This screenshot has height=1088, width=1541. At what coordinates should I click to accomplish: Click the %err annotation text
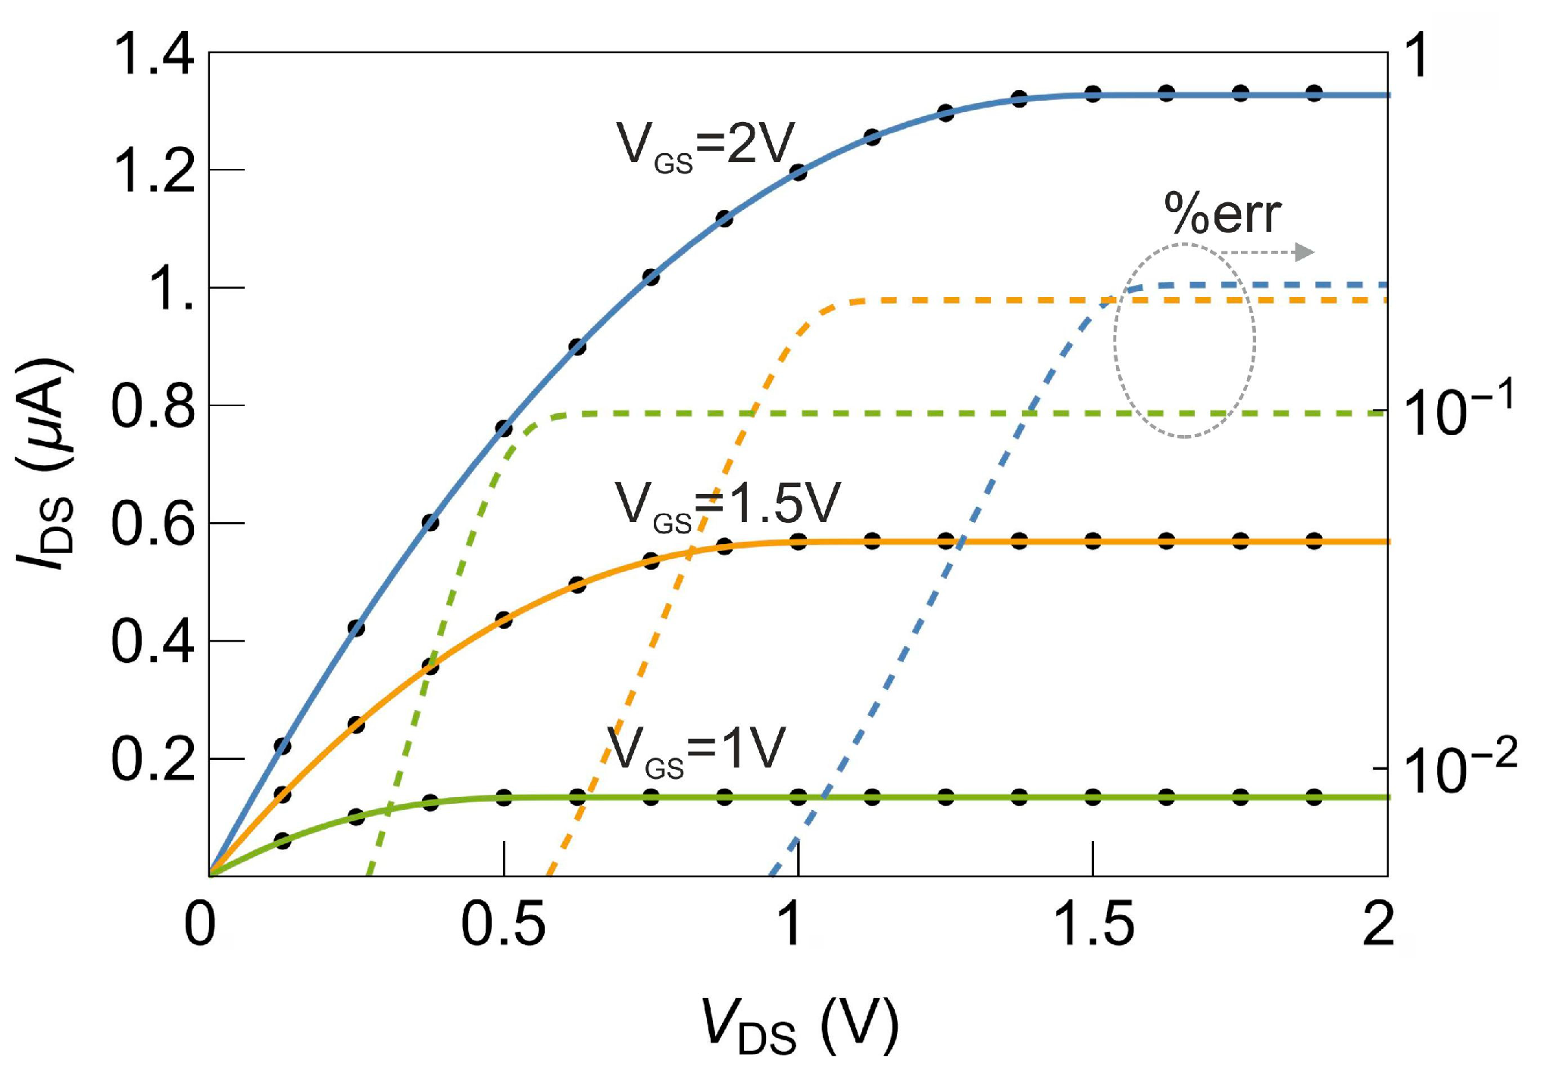[1222, 214]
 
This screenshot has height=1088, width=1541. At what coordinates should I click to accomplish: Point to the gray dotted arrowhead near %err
[1304, 252]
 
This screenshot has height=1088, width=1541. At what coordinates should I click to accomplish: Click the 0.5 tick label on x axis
[503, 926]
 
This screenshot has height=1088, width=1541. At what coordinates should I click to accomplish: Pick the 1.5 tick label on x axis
[1093, 926]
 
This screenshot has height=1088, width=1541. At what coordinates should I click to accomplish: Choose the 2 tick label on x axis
[1378, 926]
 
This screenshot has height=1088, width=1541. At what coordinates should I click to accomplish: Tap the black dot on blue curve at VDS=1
[799, 173]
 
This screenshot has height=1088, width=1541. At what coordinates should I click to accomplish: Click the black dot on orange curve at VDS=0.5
[504, 620]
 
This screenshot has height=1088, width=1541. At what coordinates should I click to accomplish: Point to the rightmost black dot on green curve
[1314, 797]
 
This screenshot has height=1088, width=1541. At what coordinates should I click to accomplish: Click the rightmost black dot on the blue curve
[1314, 93]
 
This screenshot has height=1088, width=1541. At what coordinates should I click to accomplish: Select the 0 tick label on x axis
[201, 926]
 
